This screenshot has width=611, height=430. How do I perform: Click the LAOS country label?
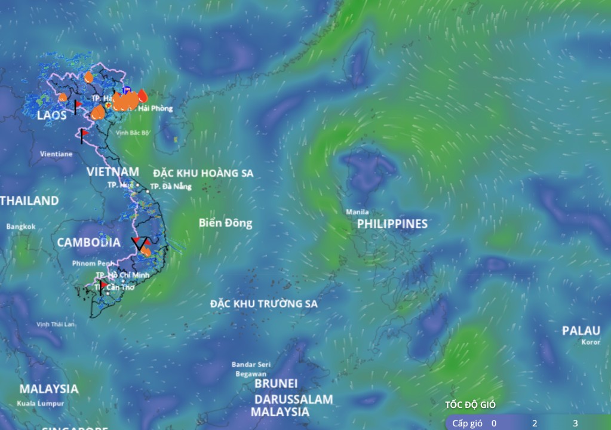tap(52, 115)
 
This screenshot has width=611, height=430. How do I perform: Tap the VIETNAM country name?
tap(113, 172)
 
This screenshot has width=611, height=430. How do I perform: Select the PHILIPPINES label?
tap(392, 224)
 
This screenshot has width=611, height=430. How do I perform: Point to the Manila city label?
tap(358, 212)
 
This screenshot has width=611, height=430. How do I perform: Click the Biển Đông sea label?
tap(225, 223)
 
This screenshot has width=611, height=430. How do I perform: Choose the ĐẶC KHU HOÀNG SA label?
tap(203, 173)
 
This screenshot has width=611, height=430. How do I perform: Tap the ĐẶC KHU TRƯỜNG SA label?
tap(263, 304)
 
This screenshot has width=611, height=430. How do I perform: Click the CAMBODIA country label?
tap(88, 242)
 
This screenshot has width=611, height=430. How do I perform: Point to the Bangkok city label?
tap(21, 227)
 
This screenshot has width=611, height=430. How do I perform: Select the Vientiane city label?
tap(56, 153)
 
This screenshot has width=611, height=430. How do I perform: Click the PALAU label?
tap(581, 331)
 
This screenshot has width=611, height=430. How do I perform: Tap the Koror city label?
tap(591, 342)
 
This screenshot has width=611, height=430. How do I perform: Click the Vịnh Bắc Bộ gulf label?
tap(133, 133)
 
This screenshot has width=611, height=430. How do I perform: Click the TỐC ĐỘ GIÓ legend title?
tap(470, 405)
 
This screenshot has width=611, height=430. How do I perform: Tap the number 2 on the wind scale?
tap(535, 423)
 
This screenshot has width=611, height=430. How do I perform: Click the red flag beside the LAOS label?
tap(77, 105)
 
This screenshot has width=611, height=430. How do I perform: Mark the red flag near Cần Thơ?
tap(102, 285)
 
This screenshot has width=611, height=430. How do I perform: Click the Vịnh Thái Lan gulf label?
tap(56, 324)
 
